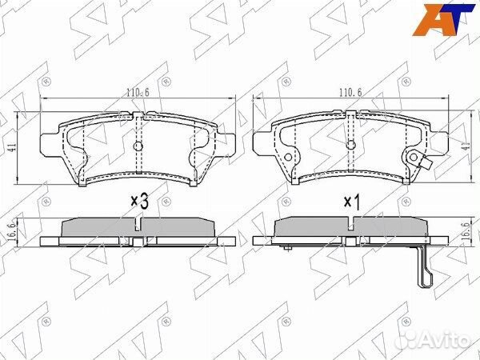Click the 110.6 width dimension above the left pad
tap(138, 93)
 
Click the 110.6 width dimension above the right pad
tap(350, 93)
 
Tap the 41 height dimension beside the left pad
tap(13, 147)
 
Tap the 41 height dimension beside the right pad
tap(466, 146)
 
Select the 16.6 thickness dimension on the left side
tap(13, 232)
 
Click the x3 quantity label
tap(140, 202)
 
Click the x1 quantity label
tap(352, 202)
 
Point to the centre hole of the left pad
tap(138, 146)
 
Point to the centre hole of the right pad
tap(351, 145)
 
